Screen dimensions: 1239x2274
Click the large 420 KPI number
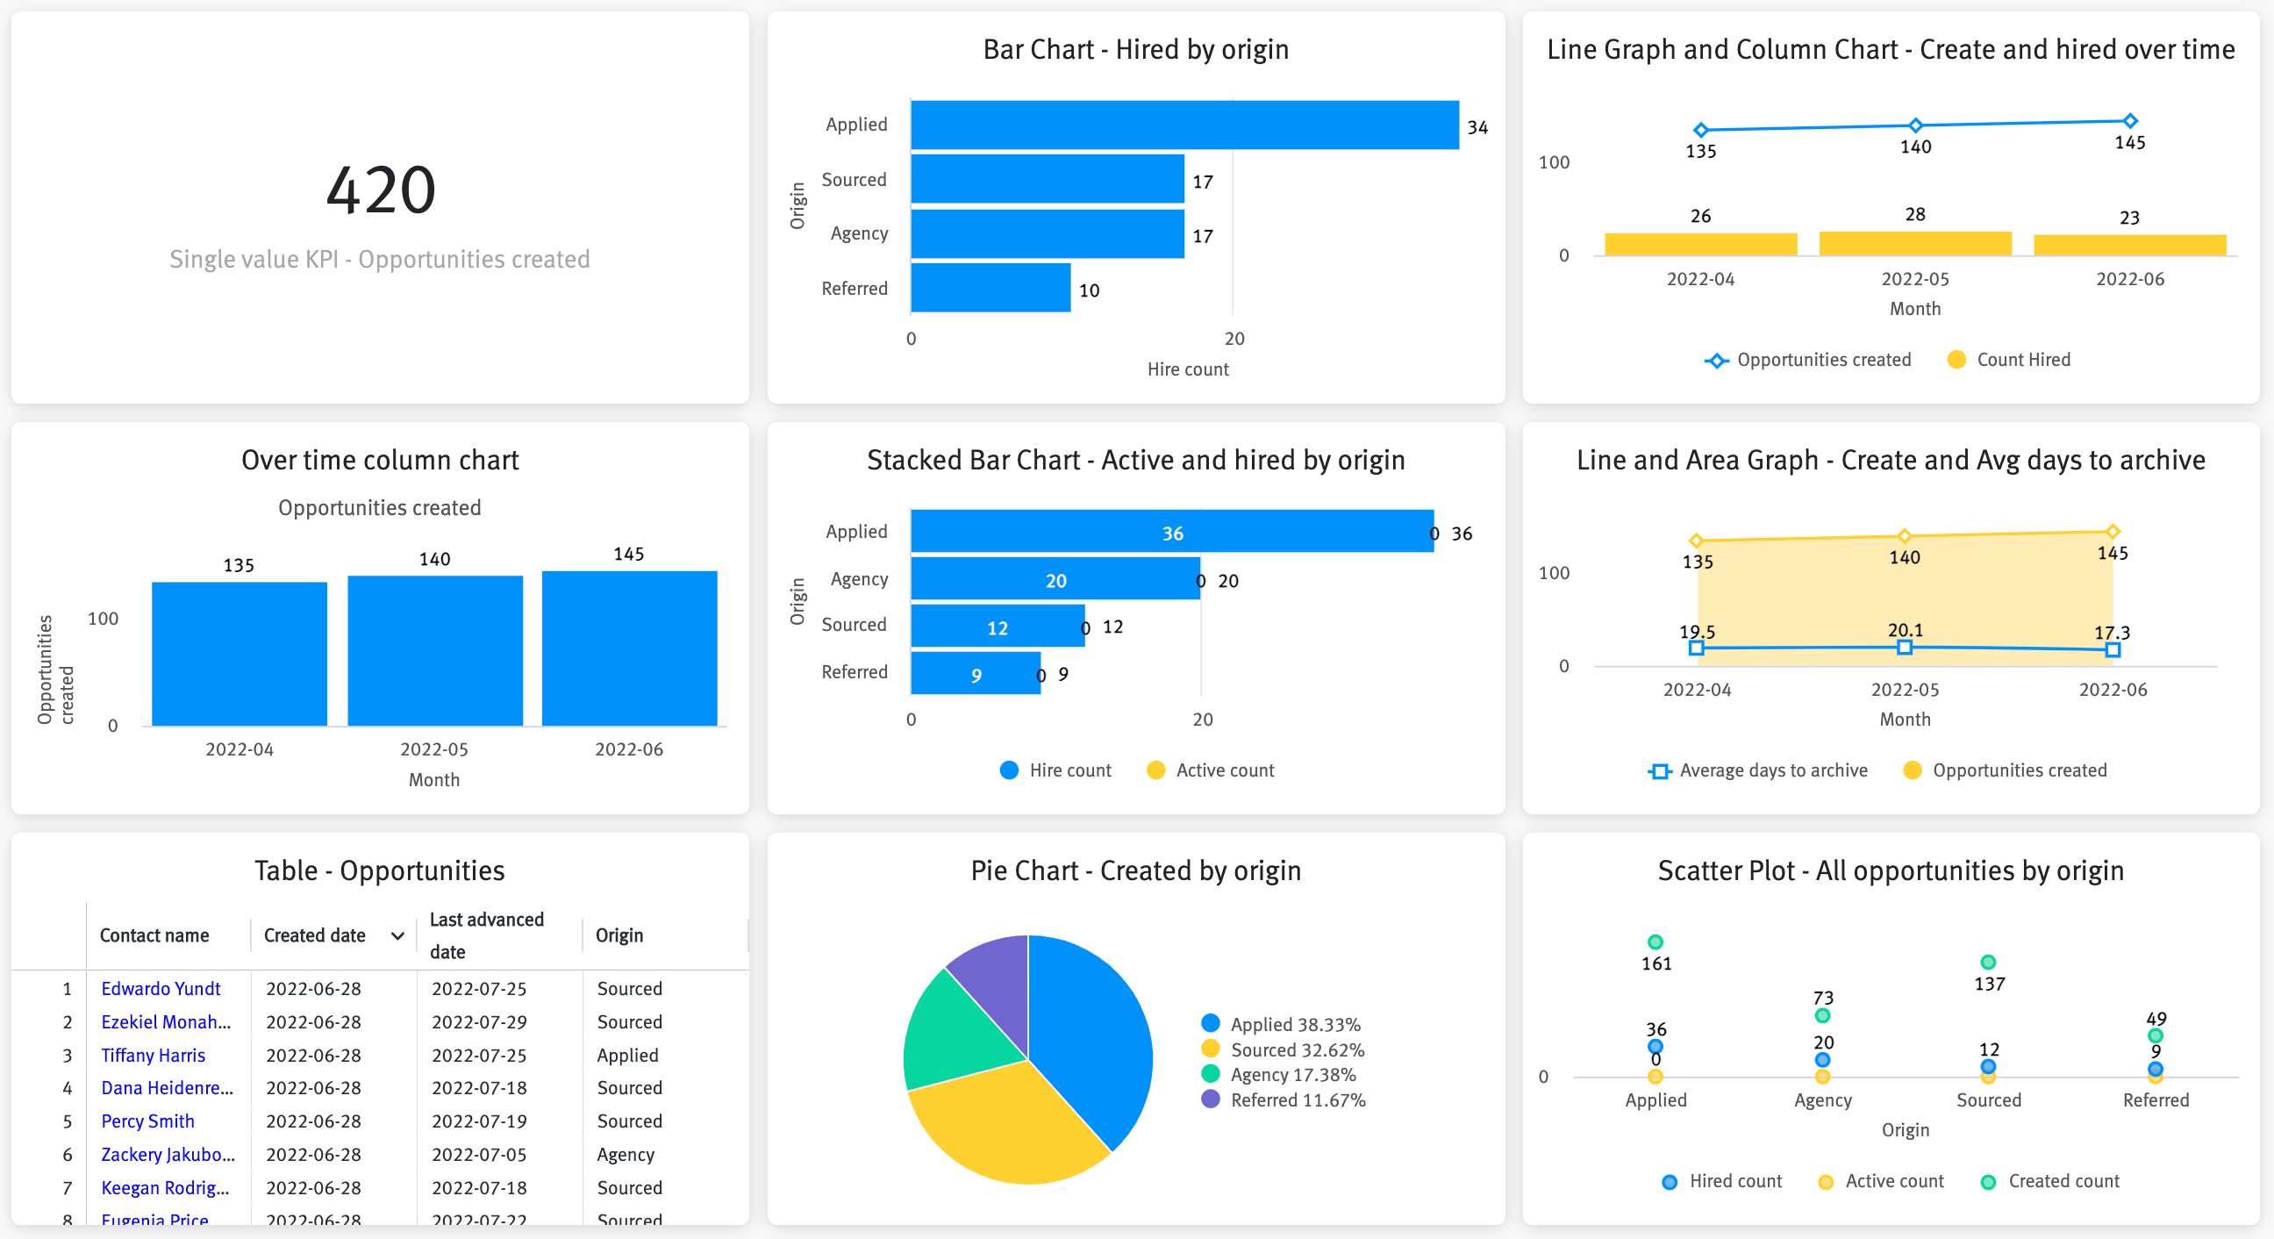pos(381,190)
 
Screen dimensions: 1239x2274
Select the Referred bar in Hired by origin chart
pos(990,288)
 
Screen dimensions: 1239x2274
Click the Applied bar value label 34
pos(1477,127)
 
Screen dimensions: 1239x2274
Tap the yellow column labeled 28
pos(1914,243)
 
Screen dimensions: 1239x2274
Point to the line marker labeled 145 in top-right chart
pos(2129,121)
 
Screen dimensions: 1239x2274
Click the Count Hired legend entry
pos(2021,360)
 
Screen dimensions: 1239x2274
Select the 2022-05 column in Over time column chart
pos(434,651)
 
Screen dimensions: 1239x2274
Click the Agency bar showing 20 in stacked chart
pos(1055,579)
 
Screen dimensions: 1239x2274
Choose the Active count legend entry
pos(1224,770)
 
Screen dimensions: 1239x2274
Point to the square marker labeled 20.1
pos(1904,648)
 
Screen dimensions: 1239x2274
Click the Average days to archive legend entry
pos(1771,770)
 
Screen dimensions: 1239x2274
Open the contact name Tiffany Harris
pos(153,1055)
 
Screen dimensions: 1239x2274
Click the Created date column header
pos(315,935)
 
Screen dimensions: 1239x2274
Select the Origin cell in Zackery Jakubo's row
pos(625,1154)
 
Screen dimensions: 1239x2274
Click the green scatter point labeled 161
pos(1655,942)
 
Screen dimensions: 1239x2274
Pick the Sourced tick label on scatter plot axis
pos(1988,1099)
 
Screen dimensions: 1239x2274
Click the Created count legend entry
pos(2063,1181)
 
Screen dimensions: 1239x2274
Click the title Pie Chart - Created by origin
pos(1135,870)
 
